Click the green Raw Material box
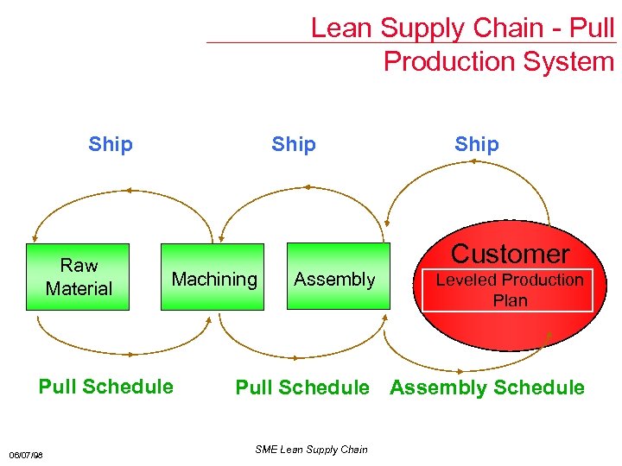[79, 277]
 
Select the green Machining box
[214, 279]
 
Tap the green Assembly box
[334, 279]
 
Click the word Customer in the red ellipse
[510, 254]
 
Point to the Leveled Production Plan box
[510, 290]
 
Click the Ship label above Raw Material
[111, 144]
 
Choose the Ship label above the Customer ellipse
[477, 144]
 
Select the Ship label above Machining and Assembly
[294, 144]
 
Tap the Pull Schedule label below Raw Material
[105, 387]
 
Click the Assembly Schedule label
[487, 388]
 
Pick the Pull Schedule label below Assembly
[302, 388]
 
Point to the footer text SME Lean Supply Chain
[312, 449]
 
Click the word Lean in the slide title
[340, 28]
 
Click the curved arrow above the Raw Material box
[128, 191]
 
